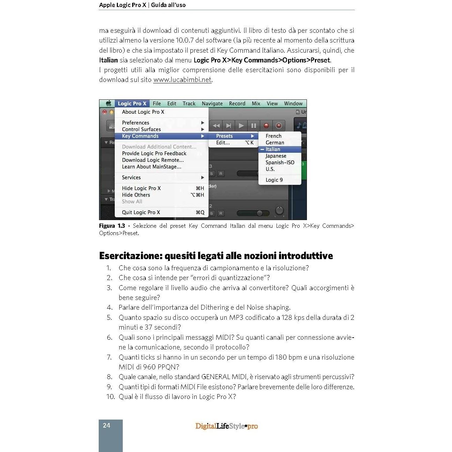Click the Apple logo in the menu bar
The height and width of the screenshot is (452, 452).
click(x=108, y=104)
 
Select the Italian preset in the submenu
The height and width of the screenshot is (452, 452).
click(x=273, y=149)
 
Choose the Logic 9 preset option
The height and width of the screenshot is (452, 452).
click(x=274, y=180)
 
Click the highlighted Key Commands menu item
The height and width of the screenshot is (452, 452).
click(x=140, y=136)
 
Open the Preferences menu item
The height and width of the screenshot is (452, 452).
click(x=136, y=123)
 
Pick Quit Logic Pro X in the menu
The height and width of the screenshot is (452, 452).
click(x=141, y=212)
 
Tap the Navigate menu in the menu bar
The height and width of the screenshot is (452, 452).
click(x=212, y=104)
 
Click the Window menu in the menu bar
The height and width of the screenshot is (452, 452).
click(x=293, y=104)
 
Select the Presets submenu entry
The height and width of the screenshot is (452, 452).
click(x=224, y=136)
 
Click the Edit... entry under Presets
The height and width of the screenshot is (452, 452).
click(x=223, y=143)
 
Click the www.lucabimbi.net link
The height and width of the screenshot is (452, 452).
click(x=182, y=80)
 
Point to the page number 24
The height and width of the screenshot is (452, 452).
click(x=107, y=425)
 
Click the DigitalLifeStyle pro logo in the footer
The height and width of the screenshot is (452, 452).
click(x=226, y=426)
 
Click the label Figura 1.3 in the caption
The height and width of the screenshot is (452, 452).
click(x=112, y=226)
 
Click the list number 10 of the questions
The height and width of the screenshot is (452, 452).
click(x=110, y=397)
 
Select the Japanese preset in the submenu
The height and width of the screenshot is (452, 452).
click(x=276, y=156)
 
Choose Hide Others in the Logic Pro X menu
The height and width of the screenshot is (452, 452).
click(x=136, y=195)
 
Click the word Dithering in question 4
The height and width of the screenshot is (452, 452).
click(x=214, y=307)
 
